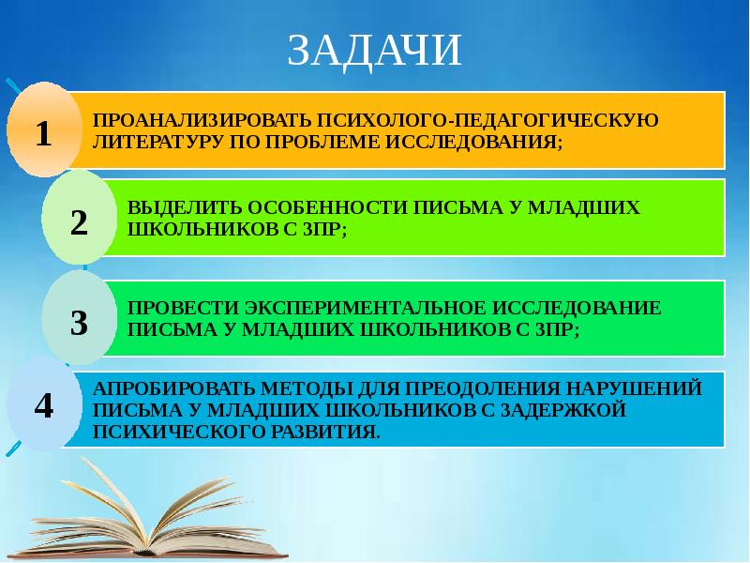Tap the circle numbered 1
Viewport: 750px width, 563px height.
pos(42,132)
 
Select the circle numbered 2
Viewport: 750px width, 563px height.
pos(79,221)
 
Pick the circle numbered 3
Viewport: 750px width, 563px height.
pos(79,322)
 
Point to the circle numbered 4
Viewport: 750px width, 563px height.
pos(43,404)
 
